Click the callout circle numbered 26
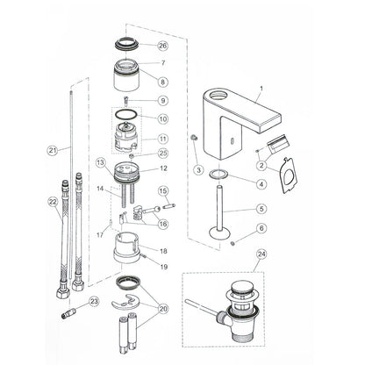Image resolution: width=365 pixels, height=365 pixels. [162, 46]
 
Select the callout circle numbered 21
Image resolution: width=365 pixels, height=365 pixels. [52, 150]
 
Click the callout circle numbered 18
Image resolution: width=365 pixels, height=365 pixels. [163, 250]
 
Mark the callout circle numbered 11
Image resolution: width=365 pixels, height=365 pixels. [161, 138]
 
